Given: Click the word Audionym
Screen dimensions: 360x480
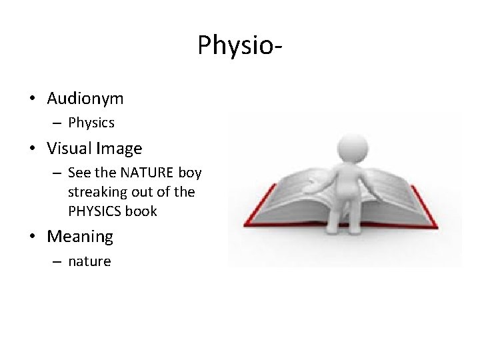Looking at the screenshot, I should coord(85,99).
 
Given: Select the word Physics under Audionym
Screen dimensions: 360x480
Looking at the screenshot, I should coord(91,123).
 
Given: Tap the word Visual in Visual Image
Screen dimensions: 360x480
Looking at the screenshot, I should coord(69,148).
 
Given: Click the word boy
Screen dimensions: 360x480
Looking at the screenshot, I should coord(190,173).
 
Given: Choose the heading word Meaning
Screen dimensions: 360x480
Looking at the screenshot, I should coord(81,237).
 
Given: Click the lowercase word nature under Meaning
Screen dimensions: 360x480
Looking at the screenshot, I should coord(89,261).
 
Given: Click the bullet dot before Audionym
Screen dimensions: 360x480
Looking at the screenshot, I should coord(33,99).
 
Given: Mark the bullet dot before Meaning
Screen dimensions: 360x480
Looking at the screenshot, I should coord(33,237).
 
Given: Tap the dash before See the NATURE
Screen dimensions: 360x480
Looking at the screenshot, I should coord(57,173).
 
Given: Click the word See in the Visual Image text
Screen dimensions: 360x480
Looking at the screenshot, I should coord(79,173).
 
